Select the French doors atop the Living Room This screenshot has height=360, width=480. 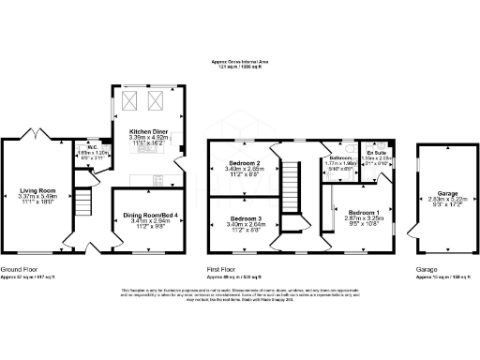click(38, 137)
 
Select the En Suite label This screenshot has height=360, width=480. click(377, 151)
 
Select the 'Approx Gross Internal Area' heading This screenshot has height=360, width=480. click(239, 63)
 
